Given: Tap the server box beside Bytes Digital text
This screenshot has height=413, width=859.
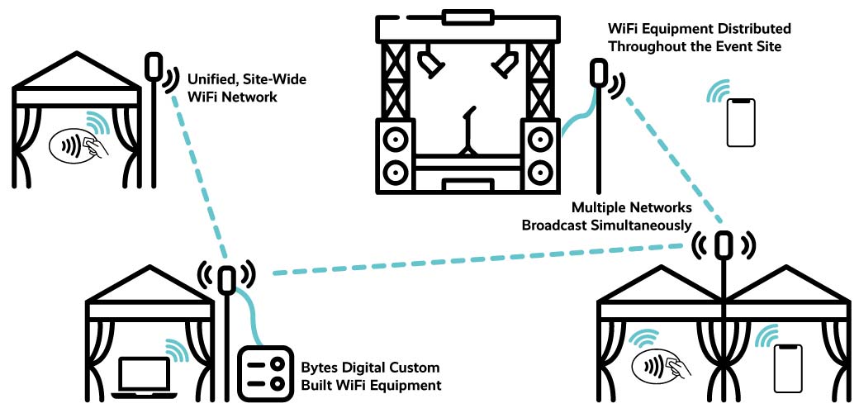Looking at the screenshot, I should coord(262,372).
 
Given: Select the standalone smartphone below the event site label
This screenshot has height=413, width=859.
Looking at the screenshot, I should coord(741,122).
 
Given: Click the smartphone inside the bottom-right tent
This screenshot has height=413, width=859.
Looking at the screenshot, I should coord(787,368).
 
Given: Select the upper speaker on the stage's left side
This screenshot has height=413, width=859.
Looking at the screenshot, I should coord(396,135).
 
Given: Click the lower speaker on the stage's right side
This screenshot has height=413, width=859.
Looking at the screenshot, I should coord(540,173).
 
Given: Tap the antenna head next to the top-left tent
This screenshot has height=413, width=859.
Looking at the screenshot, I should coord(154,67).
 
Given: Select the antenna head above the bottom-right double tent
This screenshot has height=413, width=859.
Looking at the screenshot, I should coord(724,244).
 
